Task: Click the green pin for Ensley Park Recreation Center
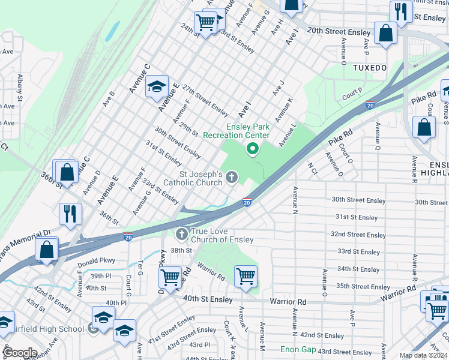pos(252,148)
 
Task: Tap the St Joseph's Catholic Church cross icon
pos(231,176)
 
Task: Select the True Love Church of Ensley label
pos(221,235)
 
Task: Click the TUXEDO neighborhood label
pos(369,68)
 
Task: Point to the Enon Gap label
pos(297,349)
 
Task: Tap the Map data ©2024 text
pos(423,356)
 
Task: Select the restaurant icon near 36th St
pos(70,213)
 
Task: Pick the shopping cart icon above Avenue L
pos(245,277)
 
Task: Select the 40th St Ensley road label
pos(208,298)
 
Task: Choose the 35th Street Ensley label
pos(363,286)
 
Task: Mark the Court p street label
pos(352,94)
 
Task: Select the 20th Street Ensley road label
pos(340,31)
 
